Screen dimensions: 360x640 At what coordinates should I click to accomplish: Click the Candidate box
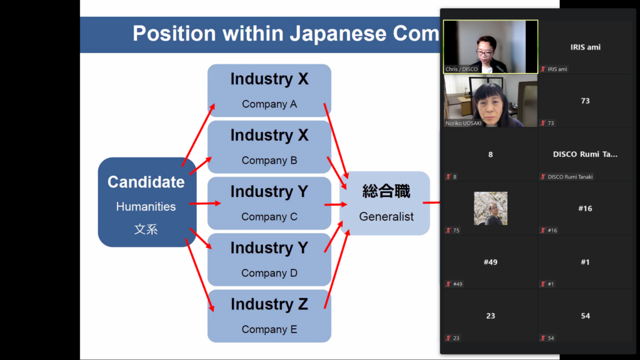(147, 202)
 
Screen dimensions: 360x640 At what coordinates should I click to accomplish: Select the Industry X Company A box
(269, 90)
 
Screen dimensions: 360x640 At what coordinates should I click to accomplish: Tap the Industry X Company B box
(269, 147)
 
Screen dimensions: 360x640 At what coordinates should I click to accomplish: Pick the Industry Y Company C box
(269, 203)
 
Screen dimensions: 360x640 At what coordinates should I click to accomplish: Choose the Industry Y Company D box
(269, 259)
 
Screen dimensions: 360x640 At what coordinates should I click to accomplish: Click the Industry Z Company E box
(269, 316)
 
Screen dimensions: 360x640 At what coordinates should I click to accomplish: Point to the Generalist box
(386, 203)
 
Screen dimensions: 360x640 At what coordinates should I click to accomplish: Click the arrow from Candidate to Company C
(204, 203)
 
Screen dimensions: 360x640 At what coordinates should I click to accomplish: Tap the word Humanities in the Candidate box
(146, 206)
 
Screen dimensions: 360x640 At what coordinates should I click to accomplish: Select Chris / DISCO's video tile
(490, 47)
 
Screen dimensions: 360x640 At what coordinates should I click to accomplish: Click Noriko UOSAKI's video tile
(490, 101)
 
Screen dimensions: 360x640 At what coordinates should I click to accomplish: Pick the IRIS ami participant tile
(585, 47)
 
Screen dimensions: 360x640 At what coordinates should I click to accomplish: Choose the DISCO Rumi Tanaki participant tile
(585, 154)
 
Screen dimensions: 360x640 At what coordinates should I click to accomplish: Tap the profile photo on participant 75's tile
(491, 208)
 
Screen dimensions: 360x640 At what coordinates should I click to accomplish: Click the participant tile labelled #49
(490, 262)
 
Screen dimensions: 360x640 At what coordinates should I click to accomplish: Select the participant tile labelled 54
(585, 316)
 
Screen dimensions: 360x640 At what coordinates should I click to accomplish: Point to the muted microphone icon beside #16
(543, 231)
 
